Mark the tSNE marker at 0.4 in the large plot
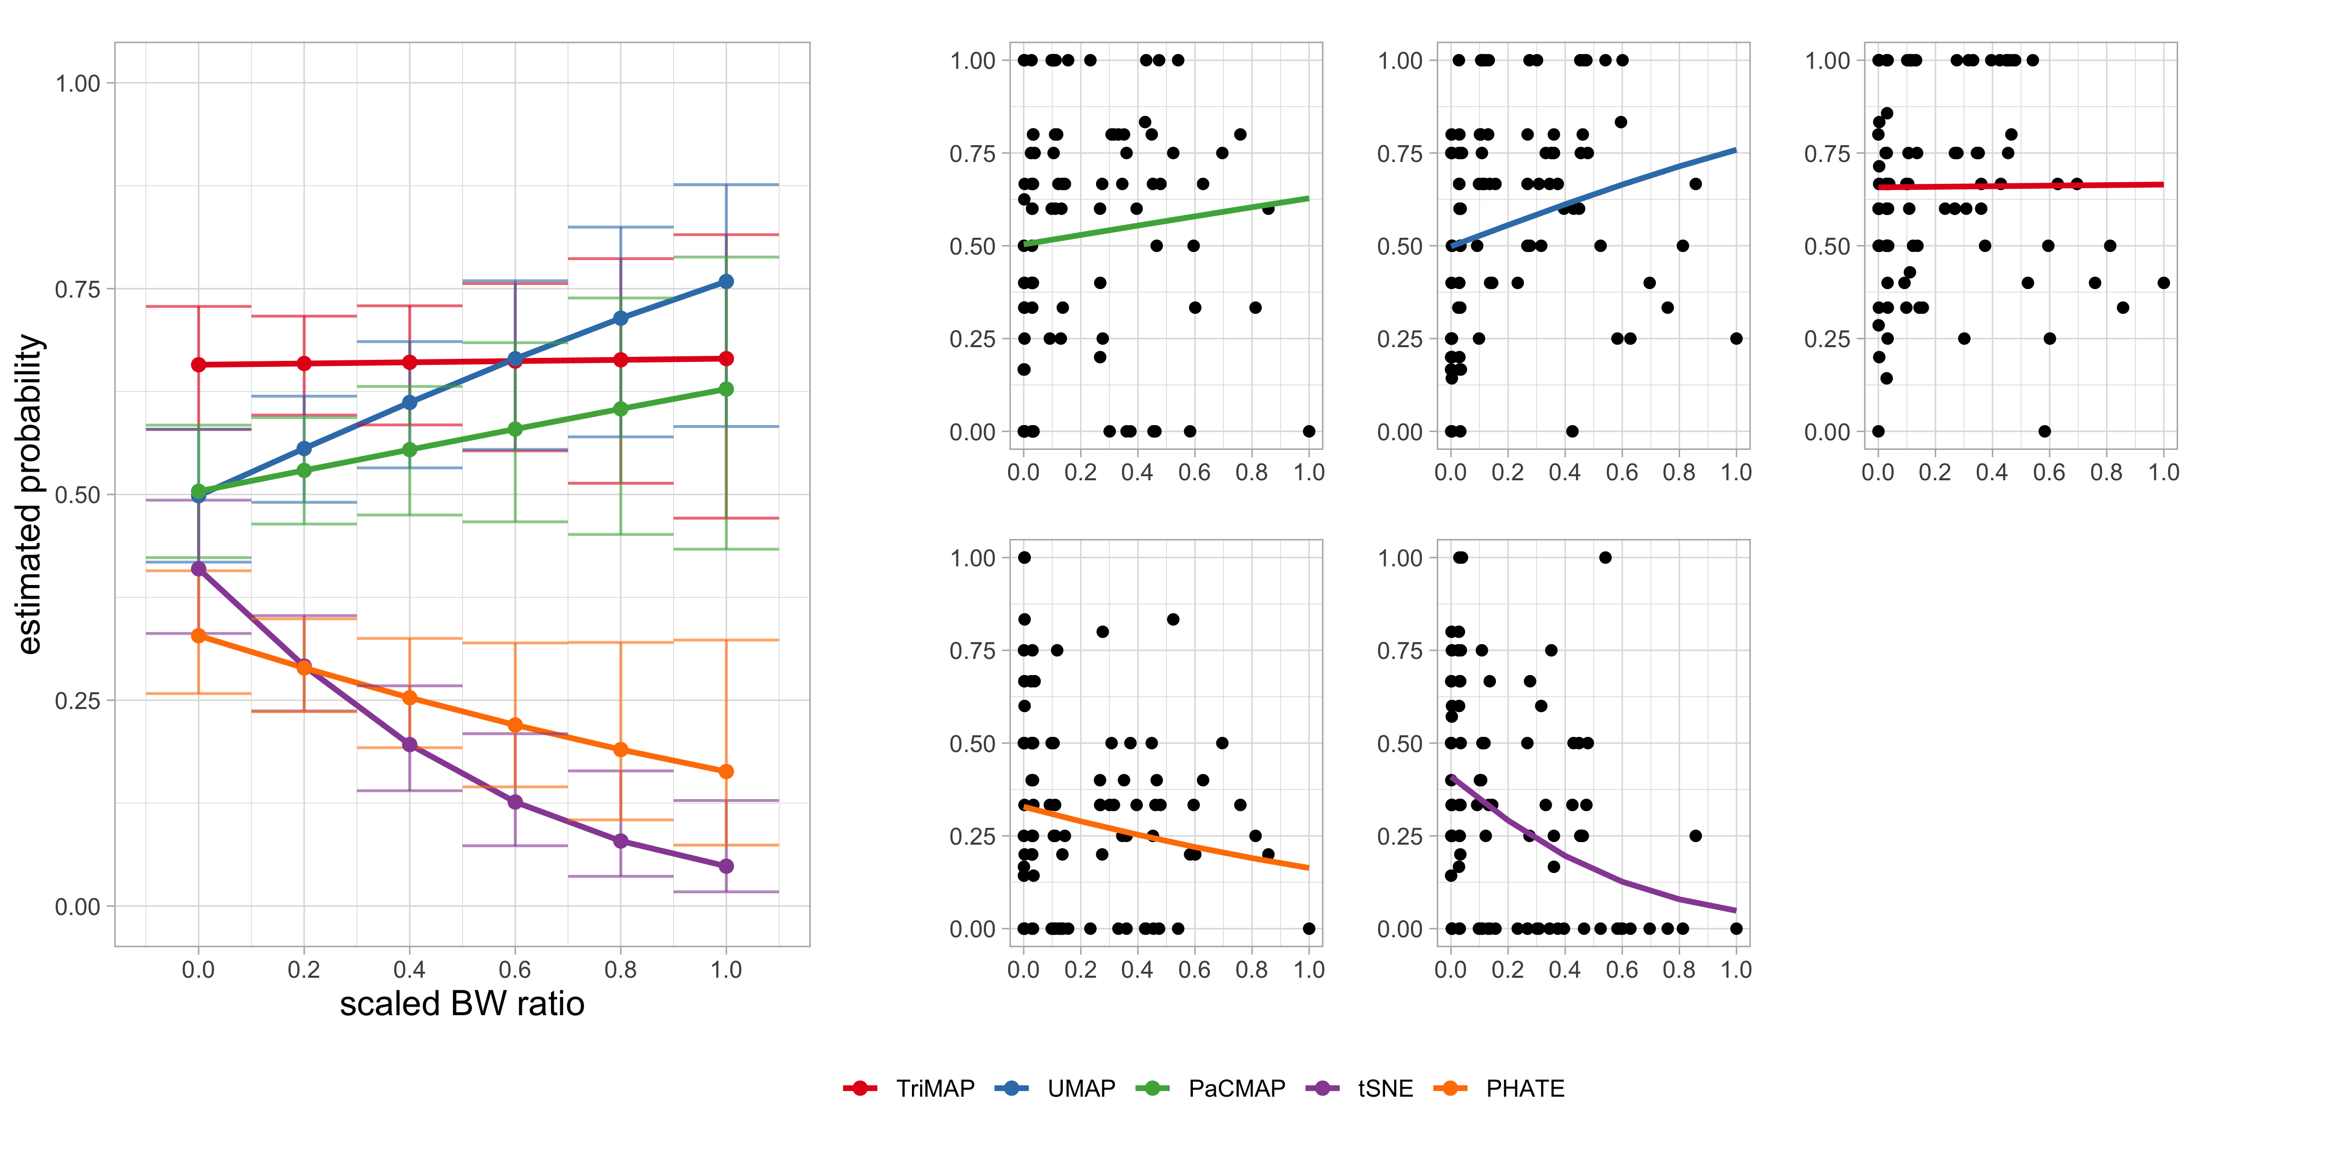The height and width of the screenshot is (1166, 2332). coord(409,745)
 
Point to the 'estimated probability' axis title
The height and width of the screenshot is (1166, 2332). coord(30,494)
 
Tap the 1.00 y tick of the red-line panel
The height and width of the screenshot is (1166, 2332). coord(1827,61)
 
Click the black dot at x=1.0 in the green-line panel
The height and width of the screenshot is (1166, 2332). coord(1309,431)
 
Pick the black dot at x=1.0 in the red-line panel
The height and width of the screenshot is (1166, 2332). coord(2163,282)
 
